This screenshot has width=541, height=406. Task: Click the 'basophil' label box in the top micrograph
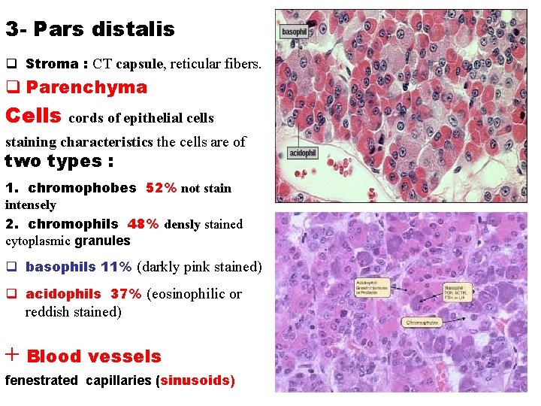pos(294,32)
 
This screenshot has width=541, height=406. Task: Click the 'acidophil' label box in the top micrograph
pos(303,153)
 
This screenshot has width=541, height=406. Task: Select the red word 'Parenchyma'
pos(86,87)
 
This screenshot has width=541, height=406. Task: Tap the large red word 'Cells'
pos(33,116)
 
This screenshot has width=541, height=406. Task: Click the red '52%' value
pos(161,188)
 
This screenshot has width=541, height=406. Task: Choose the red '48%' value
pos(143,224)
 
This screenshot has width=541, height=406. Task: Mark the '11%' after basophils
pos(116,267)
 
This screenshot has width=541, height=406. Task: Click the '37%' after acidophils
pos(125,294)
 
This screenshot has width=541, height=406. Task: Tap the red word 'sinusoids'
pos(195,380)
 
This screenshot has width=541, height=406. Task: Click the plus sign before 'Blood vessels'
pos(12,355)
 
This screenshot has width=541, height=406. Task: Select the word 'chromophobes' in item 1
pos(82,188)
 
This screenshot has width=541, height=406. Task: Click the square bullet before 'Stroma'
pos(11,64)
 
